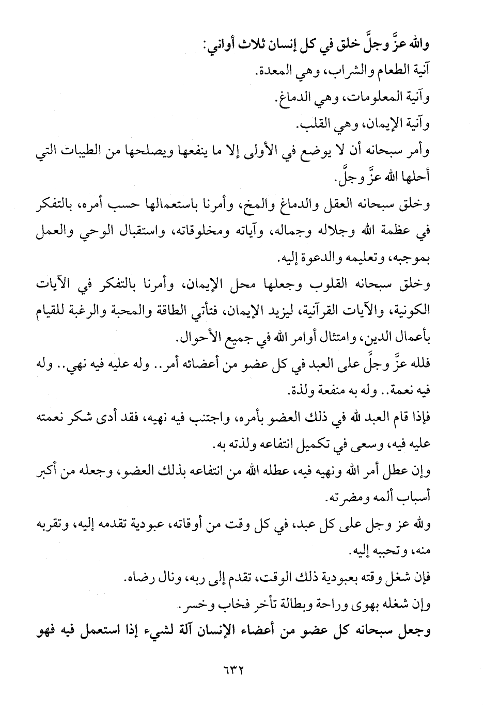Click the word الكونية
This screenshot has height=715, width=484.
point(412,312)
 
